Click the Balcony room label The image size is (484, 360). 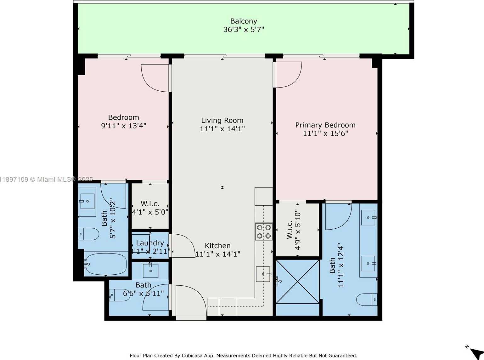[x=244, y=21]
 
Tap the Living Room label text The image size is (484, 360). [x=222, y=120]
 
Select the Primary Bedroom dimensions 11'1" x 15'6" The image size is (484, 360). [x=325, y=134]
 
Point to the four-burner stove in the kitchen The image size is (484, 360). [x=264, y=231]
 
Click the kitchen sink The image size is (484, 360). [x=263, y=274]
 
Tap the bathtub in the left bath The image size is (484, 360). [x=106, y=265]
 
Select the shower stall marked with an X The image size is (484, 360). [x=298, y=282]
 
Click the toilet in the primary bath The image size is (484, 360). [x=367, y=300]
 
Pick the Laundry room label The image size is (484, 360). [x=150, y=243]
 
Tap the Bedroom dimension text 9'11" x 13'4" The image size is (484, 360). [x=123, y=126]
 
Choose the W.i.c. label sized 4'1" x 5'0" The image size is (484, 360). [x=150, y=203]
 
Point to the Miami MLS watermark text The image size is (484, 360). [x=47, y=180]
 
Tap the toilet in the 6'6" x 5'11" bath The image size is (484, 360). [x=119, y=295]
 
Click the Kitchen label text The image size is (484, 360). [x=217, y=246]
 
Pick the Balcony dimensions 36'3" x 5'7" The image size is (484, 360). [x=244, y=30]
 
